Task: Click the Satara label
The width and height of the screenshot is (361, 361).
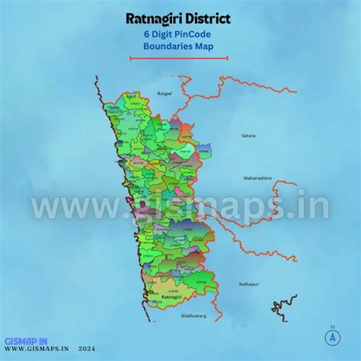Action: coord(248,135)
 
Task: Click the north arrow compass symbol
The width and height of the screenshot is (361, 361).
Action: coord(332,337)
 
